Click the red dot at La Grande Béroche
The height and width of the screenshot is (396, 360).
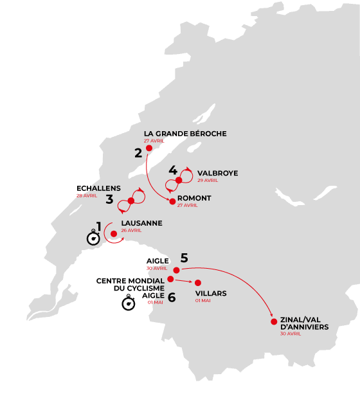pyautogui.click(x=149, y=148)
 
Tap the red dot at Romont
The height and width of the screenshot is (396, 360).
pyautogui.click(x=172, y=201)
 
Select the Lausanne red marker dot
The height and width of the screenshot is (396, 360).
pyautogui.click(x=114, y=234)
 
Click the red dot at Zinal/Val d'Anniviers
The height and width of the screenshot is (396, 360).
pyautogui.click(x=274, y=321)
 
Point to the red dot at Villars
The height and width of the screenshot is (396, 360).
pyautogui.click(x=198, y=283)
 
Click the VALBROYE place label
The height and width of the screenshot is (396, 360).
pyautogui.click(x=217, y=174)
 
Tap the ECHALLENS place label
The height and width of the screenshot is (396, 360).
pyautogui.click(x=98, y=188)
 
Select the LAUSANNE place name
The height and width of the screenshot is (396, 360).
pyautogui.click(x=141, y=223)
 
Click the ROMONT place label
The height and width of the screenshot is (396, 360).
pyautogui.click(x=194, y=198)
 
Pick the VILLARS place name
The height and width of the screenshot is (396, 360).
pyautogui.click(x=211, y=293)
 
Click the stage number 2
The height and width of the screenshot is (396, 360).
pyautogui.click(x=138, y=153)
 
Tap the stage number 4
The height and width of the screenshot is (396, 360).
pyautogui.click(x=173, y=170)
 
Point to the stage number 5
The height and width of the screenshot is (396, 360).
pyautogui.click(x=184, y=258)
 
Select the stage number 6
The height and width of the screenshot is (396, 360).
pyautogui.click(x=172, y=298)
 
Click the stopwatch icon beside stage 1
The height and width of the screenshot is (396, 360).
pyautogui.click(x=93, y=238)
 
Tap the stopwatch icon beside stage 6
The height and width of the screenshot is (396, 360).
pyautogui.click(x=129, y=303)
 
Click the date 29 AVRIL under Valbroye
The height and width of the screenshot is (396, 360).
pyautogui.click(x=208, y=180)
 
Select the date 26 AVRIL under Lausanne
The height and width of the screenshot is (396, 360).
pyautogui.click(x=131, y=230)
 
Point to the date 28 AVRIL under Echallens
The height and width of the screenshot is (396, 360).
pyautogui.click(x=87, y=195)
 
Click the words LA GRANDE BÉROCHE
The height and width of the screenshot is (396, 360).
pyautogui.click(x=185, y=134)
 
